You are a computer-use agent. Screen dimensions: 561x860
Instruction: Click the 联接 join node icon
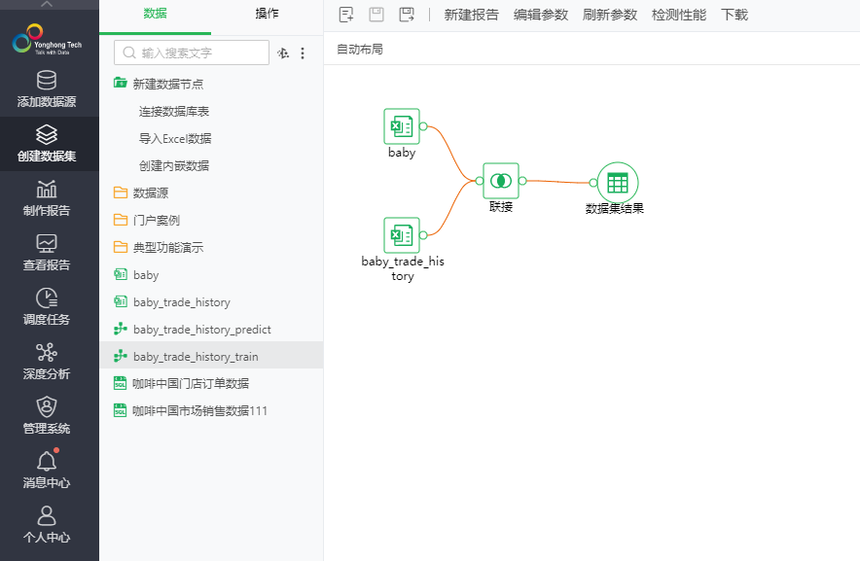tap(501, 181)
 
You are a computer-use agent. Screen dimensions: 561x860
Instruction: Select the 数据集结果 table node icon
tap(617, 182)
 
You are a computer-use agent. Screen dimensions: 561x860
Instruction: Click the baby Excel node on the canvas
tap(402, 126)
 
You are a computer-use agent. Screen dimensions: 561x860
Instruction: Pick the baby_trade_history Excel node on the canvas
tap(402, 235)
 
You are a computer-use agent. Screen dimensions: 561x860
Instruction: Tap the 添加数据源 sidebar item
tap(47, 89)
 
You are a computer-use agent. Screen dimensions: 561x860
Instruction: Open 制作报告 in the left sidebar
tap(47, 198)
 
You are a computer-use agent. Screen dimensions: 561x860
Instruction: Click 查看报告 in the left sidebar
tap(47, 253)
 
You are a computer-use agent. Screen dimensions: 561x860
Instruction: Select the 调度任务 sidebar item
tap(47, 307)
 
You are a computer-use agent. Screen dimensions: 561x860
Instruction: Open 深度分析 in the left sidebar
tap(47, 362)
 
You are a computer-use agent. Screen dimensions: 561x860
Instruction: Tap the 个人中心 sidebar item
tap(47, 525)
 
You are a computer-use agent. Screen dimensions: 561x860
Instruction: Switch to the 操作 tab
tap(267, 14)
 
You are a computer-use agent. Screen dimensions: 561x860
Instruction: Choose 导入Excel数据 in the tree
tap(175, 139)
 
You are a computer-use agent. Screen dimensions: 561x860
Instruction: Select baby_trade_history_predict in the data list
tap(202, 330)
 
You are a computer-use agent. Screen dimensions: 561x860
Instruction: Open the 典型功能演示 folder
tap(168, 248)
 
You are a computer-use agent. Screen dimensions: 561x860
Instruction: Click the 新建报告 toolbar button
tap(472, 15)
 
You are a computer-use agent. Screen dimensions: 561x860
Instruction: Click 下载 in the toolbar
tap(735, 15)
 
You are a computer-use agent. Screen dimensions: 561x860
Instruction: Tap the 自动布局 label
tap(360, 49)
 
